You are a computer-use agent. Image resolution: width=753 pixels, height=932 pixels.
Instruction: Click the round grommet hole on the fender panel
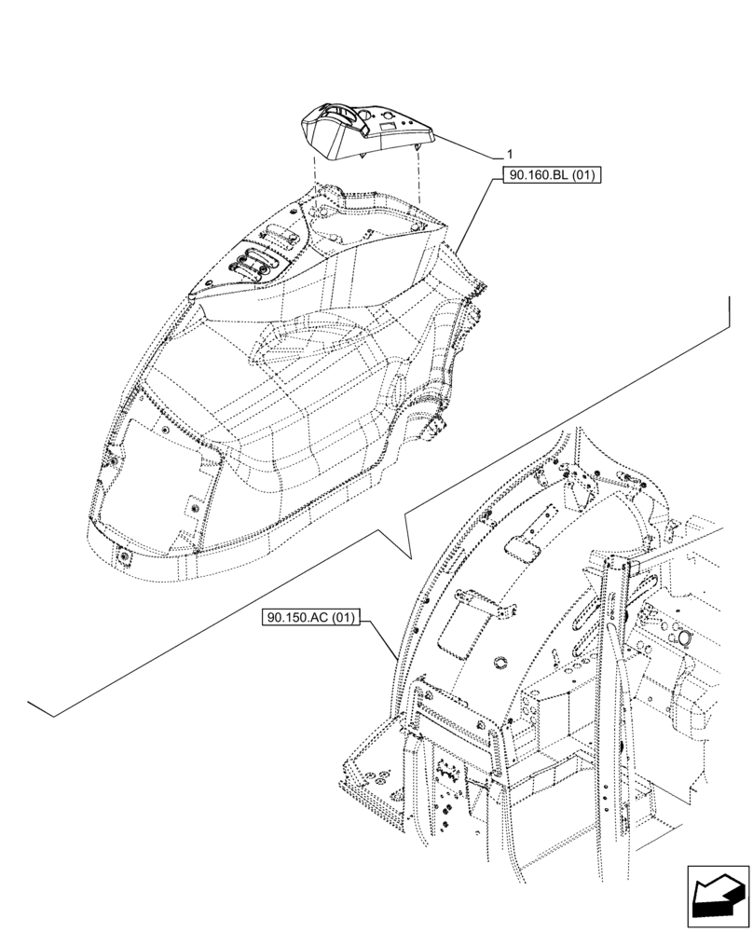point(497,663)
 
